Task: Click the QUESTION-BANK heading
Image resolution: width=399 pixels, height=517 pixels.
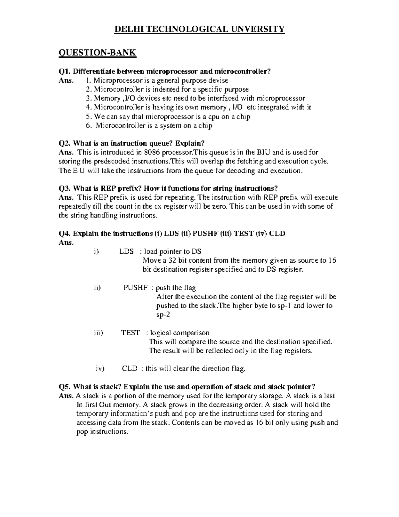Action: [97, 53]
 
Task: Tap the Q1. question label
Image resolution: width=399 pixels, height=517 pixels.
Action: [65, 71]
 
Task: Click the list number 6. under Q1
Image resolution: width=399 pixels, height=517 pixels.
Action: [88, 126]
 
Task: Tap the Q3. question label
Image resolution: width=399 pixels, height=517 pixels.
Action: [65, 188]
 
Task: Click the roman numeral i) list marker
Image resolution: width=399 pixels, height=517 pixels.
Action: [96, 251]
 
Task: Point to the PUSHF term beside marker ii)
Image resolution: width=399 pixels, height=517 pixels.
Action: [135, 288]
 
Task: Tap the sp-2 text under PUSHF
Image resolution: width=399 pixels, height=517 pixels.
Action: [163, 315]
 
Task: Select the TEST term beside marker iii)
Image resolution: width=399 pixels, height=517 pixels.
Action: [130, 333]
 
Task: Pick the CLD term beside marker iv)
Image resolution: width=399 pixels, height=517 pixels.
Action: [130, 369]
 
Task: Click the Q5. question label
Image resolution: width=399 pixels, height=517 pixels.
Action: [65, 387]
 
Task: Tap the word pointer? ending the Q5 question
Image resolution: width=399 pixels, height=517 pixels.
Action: [301, 387]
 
